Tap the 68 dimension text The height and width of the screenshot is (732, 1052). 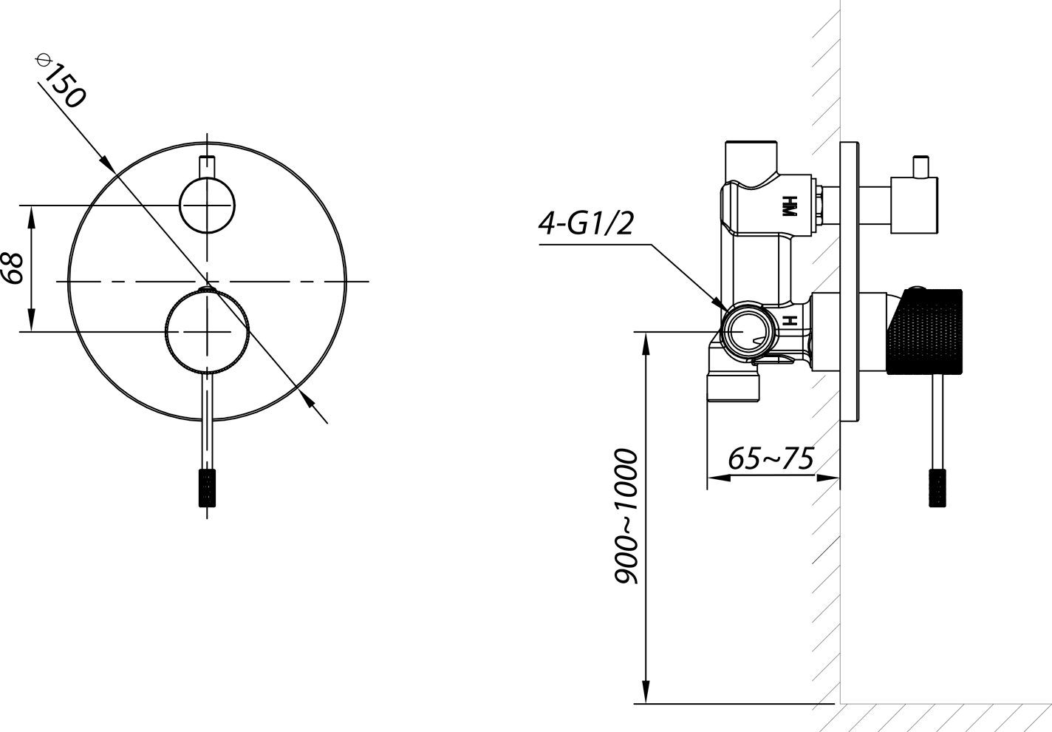[x=13, y=268]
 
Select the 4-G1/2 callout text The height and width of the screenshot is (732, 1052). [x=586, y=223]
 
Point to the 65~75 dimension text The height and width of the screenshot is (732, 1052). [x=771, y=458]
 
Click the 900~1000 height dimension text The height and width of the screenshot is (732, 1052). [x=626, y=516]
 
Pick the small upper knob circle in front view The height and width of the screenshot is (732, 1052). [x=207, y=206]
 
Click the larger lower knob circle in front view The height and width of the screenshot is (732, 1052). [x=207, y=332]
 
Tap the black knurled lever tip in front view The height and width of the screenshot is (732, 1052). [x=207, y=488]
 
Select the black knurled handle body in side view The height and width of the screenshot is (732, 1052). [x=924, y=332]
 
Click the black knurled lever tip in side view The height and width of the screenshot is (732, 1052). [x=937, y=488]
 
